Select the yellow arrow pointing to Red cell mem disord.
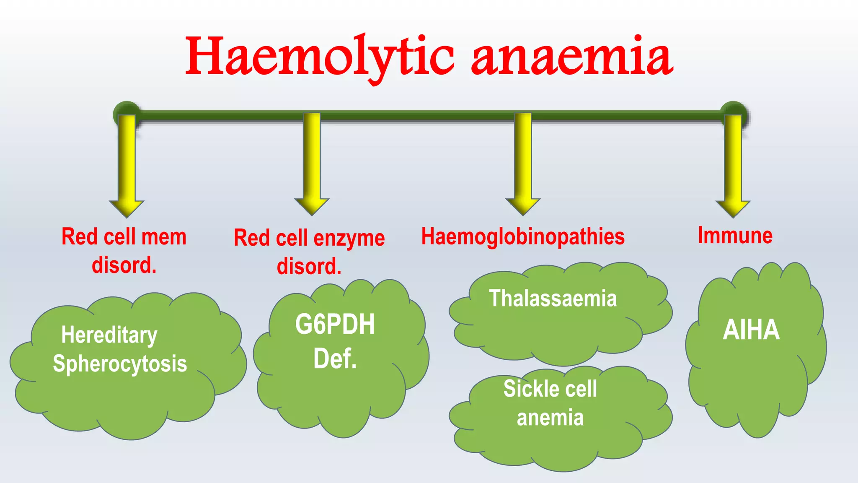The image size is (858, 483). (127, 168)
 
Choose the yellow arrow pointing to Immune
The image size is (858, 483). (733, 168)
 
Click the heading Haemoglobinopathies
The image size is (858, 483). (523, 236)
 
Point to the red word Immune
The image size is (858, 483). (735, 235)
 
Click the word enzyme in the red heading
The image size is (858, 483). (349, 239)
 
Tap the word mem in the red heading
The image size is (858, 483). (164, 237)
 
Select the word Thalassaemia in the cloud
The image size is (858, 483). (553, 299)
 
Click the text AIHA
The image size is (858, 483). (751, 330)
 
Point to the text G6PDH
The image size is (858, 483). (335, 325)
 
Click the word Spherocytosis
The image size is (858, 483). (120, 364)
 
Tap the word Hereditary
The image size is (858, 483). (109, 335)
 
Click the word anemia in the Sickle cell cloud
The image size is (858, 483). (550, 418)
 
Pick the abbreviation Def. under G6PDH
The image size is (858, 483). (335, 359)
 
